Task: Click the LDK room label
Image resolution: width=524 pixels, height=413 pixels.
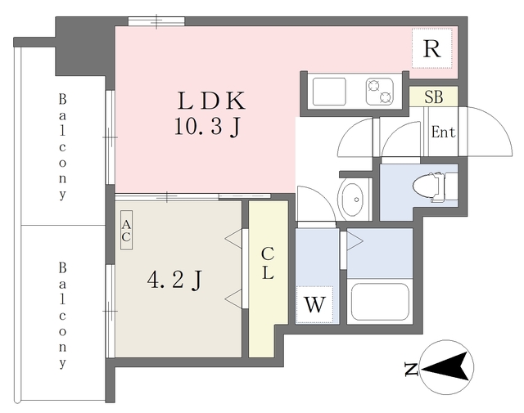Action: coord(211,101)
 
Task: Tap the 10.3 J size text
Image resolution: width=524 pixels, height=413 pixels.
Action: coord(206,127)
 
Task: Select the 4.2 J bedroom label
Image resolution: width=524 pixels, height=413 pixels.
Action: coord(174,281)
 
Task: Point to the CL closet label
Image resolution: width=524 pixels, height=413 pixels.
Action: coord(268,263)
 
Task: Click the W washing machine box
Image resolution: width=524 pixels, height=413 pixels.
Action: coord(315,305)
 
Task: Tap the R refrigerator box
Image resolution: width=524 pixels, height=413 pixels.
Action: coord(431,49)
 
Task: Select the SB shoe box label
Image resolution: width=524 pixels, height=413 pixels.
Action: coord(433,97)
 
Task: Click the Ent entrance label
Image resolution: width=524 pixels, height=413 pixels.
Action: coord(443,132)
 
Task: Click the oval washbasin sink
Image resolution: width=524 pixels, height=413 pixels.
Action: coord(353,200)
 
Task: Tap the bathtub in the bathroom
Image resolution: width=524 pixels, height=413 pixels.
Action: coord(379,303)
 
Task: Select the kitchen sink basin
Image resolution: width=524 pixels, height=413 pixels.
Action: coord(331,90)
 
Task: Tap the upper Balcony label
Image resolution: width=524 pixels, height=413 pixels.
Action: coord(62,147)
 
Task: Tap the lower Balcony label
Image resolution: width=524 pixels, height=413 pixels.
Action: coord(62,314)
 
